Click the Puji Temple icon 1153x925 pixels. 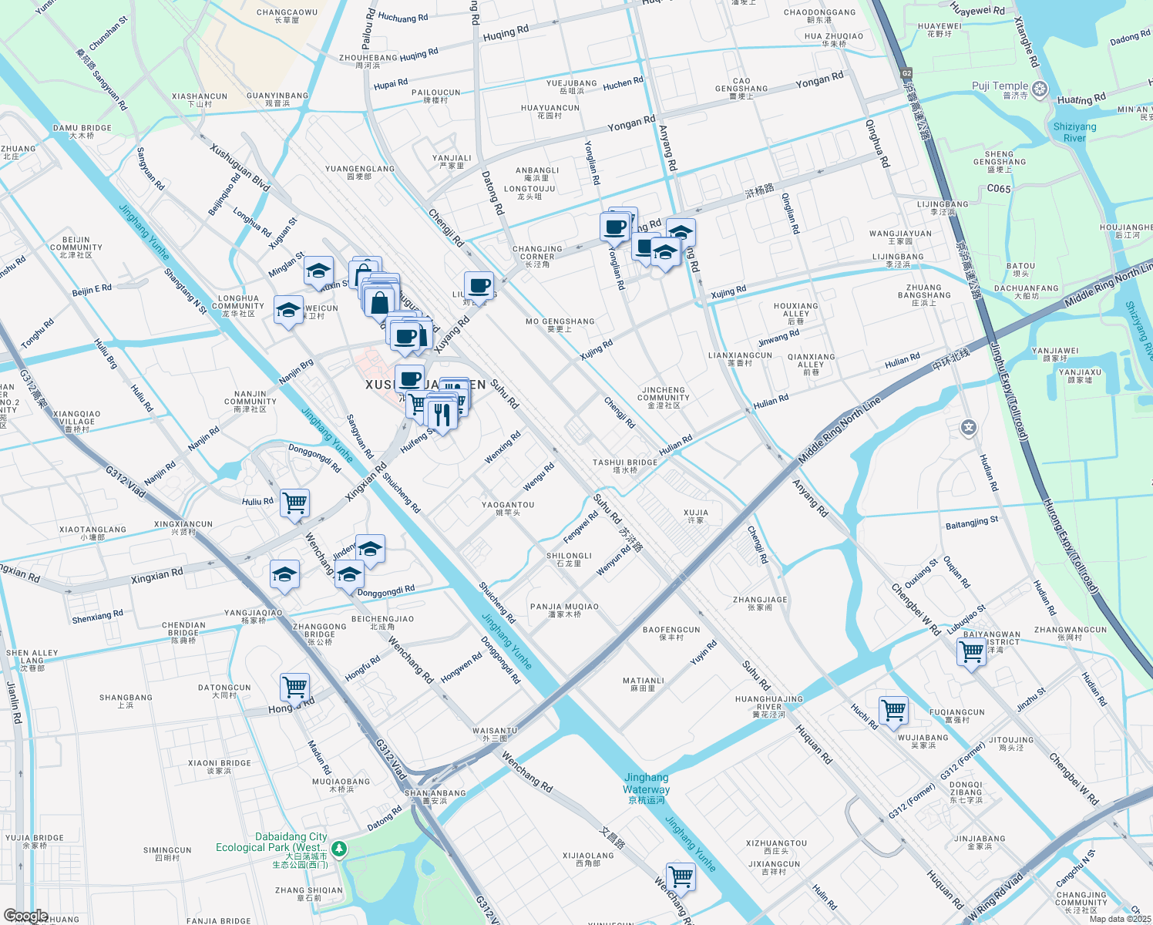(1040, 89)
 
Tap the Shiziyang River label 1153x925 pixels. (1074, 132)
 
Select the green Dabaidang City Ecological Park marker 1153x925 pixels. (339, 849)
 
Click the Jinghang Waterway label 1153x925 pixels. (646, 783)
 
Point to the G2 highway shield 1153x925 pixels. (906, 74)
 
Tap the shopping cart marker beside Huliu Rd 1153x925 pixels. (294, 503)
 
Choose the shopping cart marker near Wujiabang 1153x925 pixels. (893, 710)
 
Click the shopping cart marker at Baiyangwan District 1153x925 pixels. (971, 652)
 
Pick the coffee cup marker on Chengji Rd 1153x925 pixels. (479, 286)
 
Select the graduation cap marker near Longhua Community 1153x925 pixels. (288, 311)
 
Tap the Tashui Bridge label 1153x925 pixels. (624, 466)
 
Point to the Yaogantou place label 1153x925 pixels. (507, 509)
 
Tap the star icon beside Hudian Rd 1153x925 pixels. (968, 427)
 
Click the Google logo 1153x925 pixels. (25, 916)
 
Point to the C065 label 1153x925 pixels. (998, 189)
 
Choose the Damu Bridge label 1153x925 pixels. (82, 132)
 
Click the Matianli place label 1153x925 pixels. (643, 684)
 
